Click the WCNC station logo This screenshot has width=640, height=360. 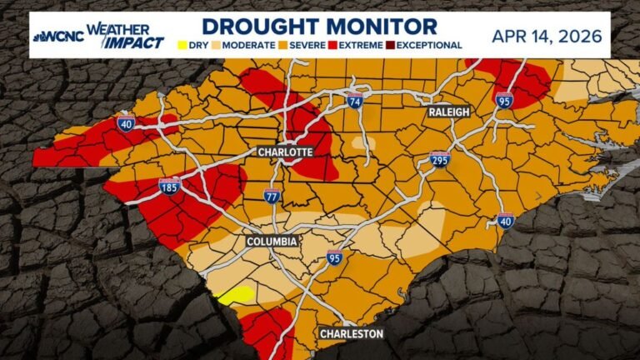57,37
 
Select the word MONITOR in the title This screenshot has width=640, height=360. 380,26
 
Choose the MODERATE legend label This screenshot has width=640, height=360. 247,45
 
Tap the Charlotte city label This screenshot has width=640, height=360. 285,152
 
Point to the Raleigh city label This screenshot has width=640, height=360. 450,112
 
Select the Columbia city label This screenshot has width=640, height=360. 272,242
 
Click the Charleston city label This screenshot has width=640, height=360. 352,334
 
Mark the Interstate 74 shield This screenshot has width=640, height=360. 355,102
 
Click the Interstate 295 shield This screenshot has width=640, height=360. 440,159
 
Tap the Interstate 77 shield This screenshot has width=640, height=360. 272,197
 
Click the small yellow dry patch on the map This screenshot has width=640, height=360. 236,294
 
